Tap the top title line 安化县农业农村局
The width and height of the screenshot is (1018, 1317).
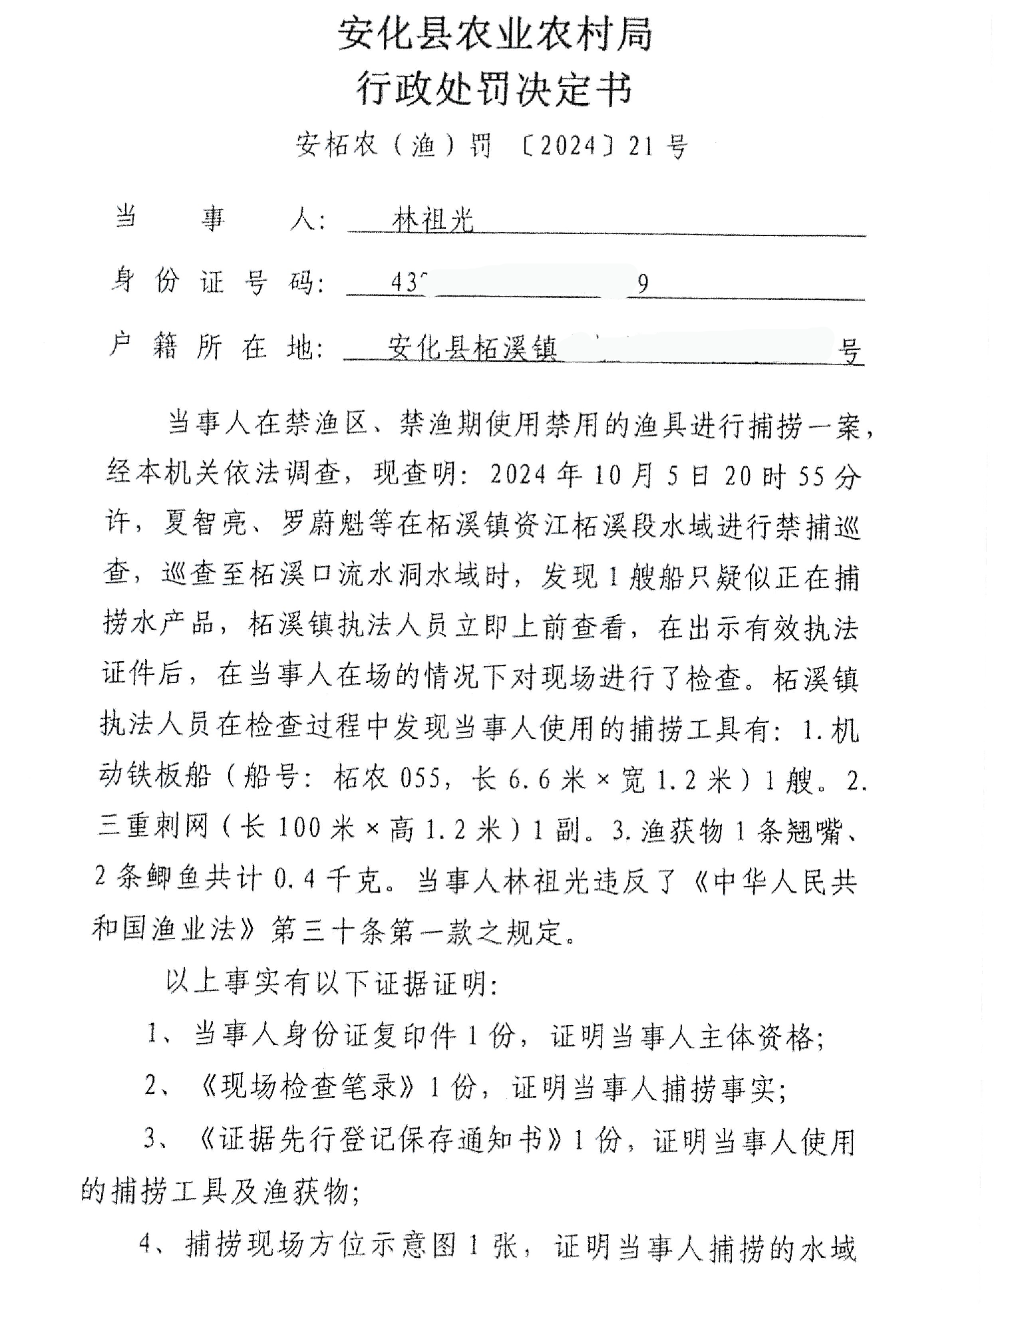(x=495, y=34)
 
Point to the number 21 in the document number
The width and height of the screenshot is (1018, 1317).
(x=641, y=146)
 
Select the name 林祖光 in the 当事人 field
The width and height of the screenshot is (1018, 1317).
(x=433, y=219)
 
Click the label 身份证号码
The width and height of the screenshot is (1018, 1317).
(x=217, y=282)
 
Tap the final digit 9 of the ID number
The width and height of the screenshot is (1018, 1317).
(x=643, y=285)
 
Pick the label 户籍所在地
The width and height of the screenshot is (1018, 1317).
(x=217, y=347)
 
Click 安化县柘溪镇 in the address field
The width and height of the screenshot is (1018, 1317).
(x=472, y=348)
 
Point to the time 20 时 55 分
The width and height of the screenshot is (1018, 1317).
(x=792, y=476)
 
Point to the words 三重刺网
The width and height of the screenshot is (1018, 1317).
(x=153, y=828)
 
